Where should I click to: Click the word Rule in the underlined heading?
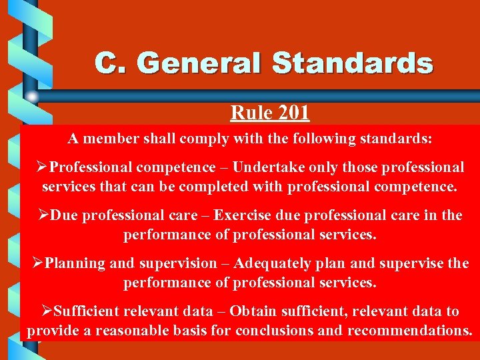tap(249, 112)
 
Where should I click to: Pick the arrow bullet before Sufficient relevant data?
tap(47, 311)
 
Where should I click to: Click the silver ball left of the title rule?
tap(32, 97)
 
